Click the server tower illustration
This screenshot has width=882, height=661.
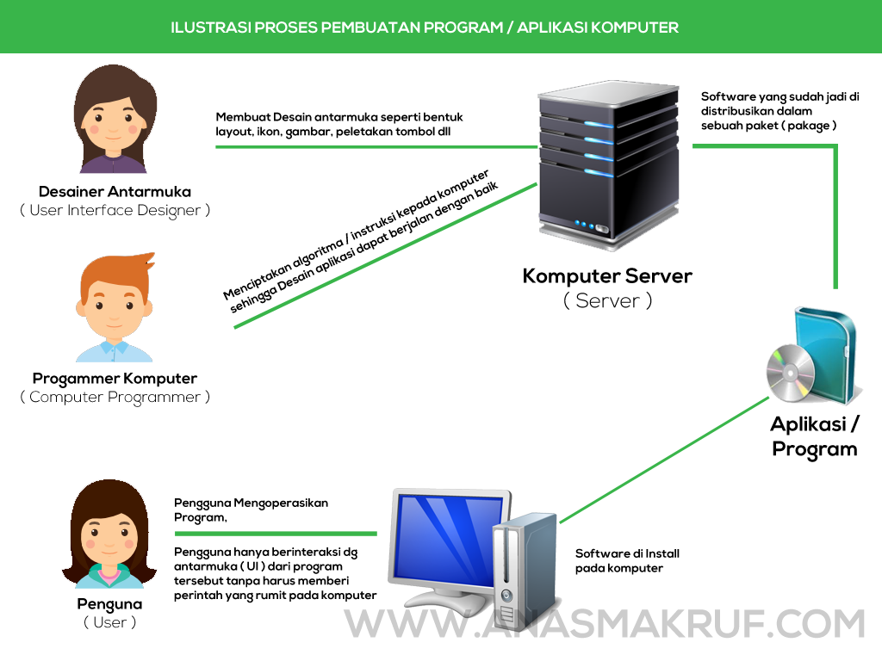pyautogui.click(x=607, y=164)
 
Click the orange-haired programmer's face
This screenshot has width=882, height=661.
pyautogui.click(x=114, y=306)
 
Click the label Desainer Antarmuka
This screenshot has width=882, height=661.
pyautogui.click(x=115, y=191)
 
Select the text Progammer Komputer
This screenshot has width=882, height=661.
pyautogui.click(x=115, y=378)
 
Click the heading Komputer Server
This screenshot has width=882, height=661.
pyautogui.click(x=607, y=276)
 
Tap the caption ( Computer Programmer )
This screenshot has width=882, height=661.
pyautogui.click(x=115, y=397)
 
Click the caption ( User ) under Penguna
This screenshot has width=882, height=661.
pyautogui.click(x=109, y=622)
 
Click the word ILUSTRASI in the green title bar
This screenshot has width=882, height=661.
pyautogui.click(x=210, y=27)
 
